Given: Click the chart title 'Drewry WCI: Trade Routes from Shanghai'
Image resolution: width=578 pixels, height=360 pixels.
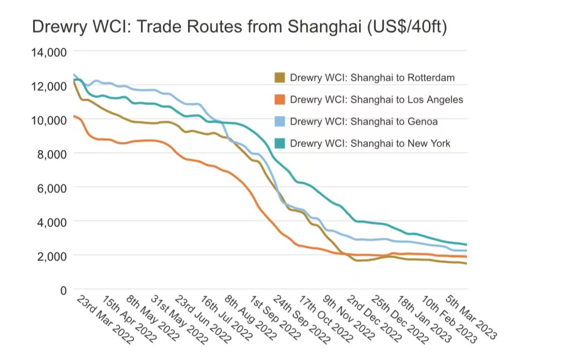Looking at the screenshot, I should click(239, 27).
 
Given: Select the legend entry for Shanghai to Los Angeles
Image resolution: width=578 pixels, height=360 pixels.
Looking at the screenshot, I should click(376, 100).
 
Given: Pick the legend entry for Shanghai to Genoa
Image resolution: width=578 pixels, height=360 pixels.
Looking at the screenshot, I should click(363, 122).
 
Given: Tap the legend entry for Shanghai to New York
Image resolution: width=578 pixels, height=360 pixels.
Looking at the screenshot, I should click(370, 144).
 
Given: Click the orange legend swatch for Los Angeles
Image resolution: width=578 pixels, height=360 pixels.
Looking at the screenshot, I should click(279, 100).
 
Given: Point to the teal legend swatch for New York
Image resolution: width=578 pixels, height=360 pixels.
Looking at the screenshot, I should click(279, 144).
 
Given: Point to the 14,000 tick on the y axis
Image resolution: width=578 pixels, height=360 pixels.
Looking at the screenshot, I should click(50, 52).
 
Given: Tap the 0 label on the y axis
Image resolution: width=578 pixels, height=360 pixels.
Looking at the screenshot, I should click(63, 290).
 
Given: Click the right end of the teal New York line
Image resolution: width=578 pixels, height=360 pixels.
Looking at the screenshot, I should click(466, 245).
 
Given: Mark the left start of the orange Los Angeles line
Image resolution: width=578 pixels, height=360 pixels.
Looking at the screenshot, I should click(74, 116).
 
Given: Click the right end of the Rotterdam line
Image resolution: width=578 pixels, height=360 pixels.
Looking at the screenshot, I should click(466, 263).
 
